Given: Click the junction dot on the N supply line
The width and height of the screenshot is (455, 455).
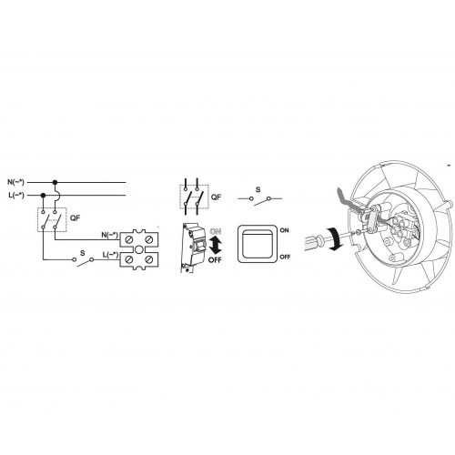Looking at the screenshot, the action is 55,182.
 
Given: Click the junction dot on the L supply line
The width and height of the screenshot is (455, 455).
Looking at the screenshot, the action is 43,195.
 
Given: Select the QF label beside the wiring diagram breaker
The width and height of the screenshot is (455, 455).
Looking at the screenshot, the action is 75,217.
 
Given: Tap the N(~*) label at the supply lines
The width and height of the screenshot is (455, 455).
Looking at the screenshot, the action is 15,182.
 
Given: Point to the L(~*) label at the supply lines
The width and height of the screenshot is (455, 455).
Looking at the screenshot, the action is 16,195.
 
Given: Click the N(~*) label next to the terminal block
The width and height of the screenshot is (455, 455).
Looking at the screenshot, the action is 110,235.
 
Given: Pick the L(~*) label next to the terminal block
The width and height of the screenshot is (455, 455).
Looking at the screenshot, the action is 110,255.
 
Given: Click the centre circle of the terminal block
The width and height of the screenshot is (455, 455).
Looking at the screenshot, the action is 139,249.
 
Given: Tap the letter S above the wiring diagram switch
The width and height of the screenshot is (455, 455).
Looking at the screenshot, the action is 83,253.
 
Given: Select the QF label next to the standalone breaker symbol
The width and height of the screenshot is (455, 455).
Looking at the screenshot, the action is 216,197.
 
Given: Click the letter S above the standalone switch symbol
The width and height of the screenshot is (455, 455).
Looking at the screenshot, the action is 258,190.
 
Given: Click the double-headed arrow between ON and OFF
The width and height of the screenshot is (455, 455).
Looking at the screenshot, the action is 216,246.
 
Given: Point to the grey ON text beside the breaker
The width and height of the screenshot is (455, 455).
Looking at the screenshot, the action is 215,231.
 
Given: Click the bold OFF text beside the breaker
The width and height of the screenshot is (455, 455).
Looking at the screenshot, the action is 215,260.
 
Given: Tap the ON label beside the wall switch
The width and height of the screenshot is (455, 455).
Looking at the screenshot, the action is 285,230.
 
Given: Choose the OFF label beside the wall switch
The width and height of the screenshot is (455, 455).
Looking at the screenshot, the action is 285,257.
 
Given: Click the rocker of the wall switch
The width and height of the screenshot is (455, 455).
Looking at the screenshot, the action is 258,244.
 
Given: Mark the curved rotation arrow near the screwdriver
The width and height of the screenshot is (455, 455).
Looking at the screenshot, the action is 336,239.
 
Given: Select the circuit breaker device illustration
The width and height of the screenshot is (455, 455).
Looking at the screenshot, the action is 190,248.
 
